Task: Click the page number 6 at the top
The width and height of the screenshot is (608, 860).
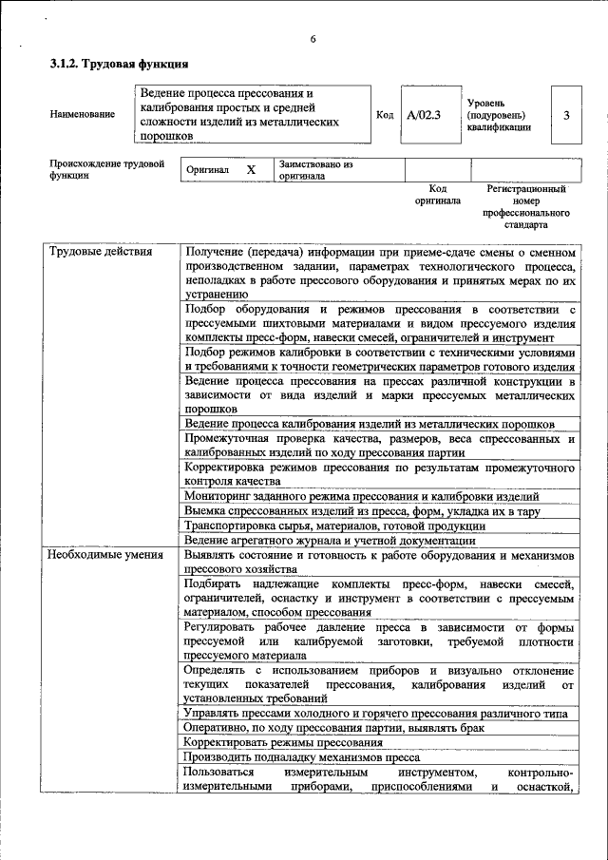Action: coord(312,39)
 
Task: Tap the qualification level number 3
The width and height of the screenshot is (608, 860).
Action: coord(566,115)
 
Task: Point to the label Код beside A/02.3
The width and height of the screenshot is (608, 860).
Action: coord(385,115)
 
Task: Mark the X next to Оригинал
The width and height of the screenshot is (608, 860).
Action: coord(251,169)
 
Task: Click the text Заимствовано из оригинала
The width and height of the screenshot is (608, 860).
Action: coord(316,170)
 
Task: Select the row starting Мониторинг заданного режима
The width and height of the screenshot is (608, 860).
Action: coord(362,496)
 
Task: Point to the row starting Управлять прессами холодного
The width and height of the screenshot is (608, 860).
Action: coord(376,713)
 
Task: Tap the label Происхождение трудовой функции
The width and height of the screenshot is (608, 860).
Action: coord(106,169)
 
